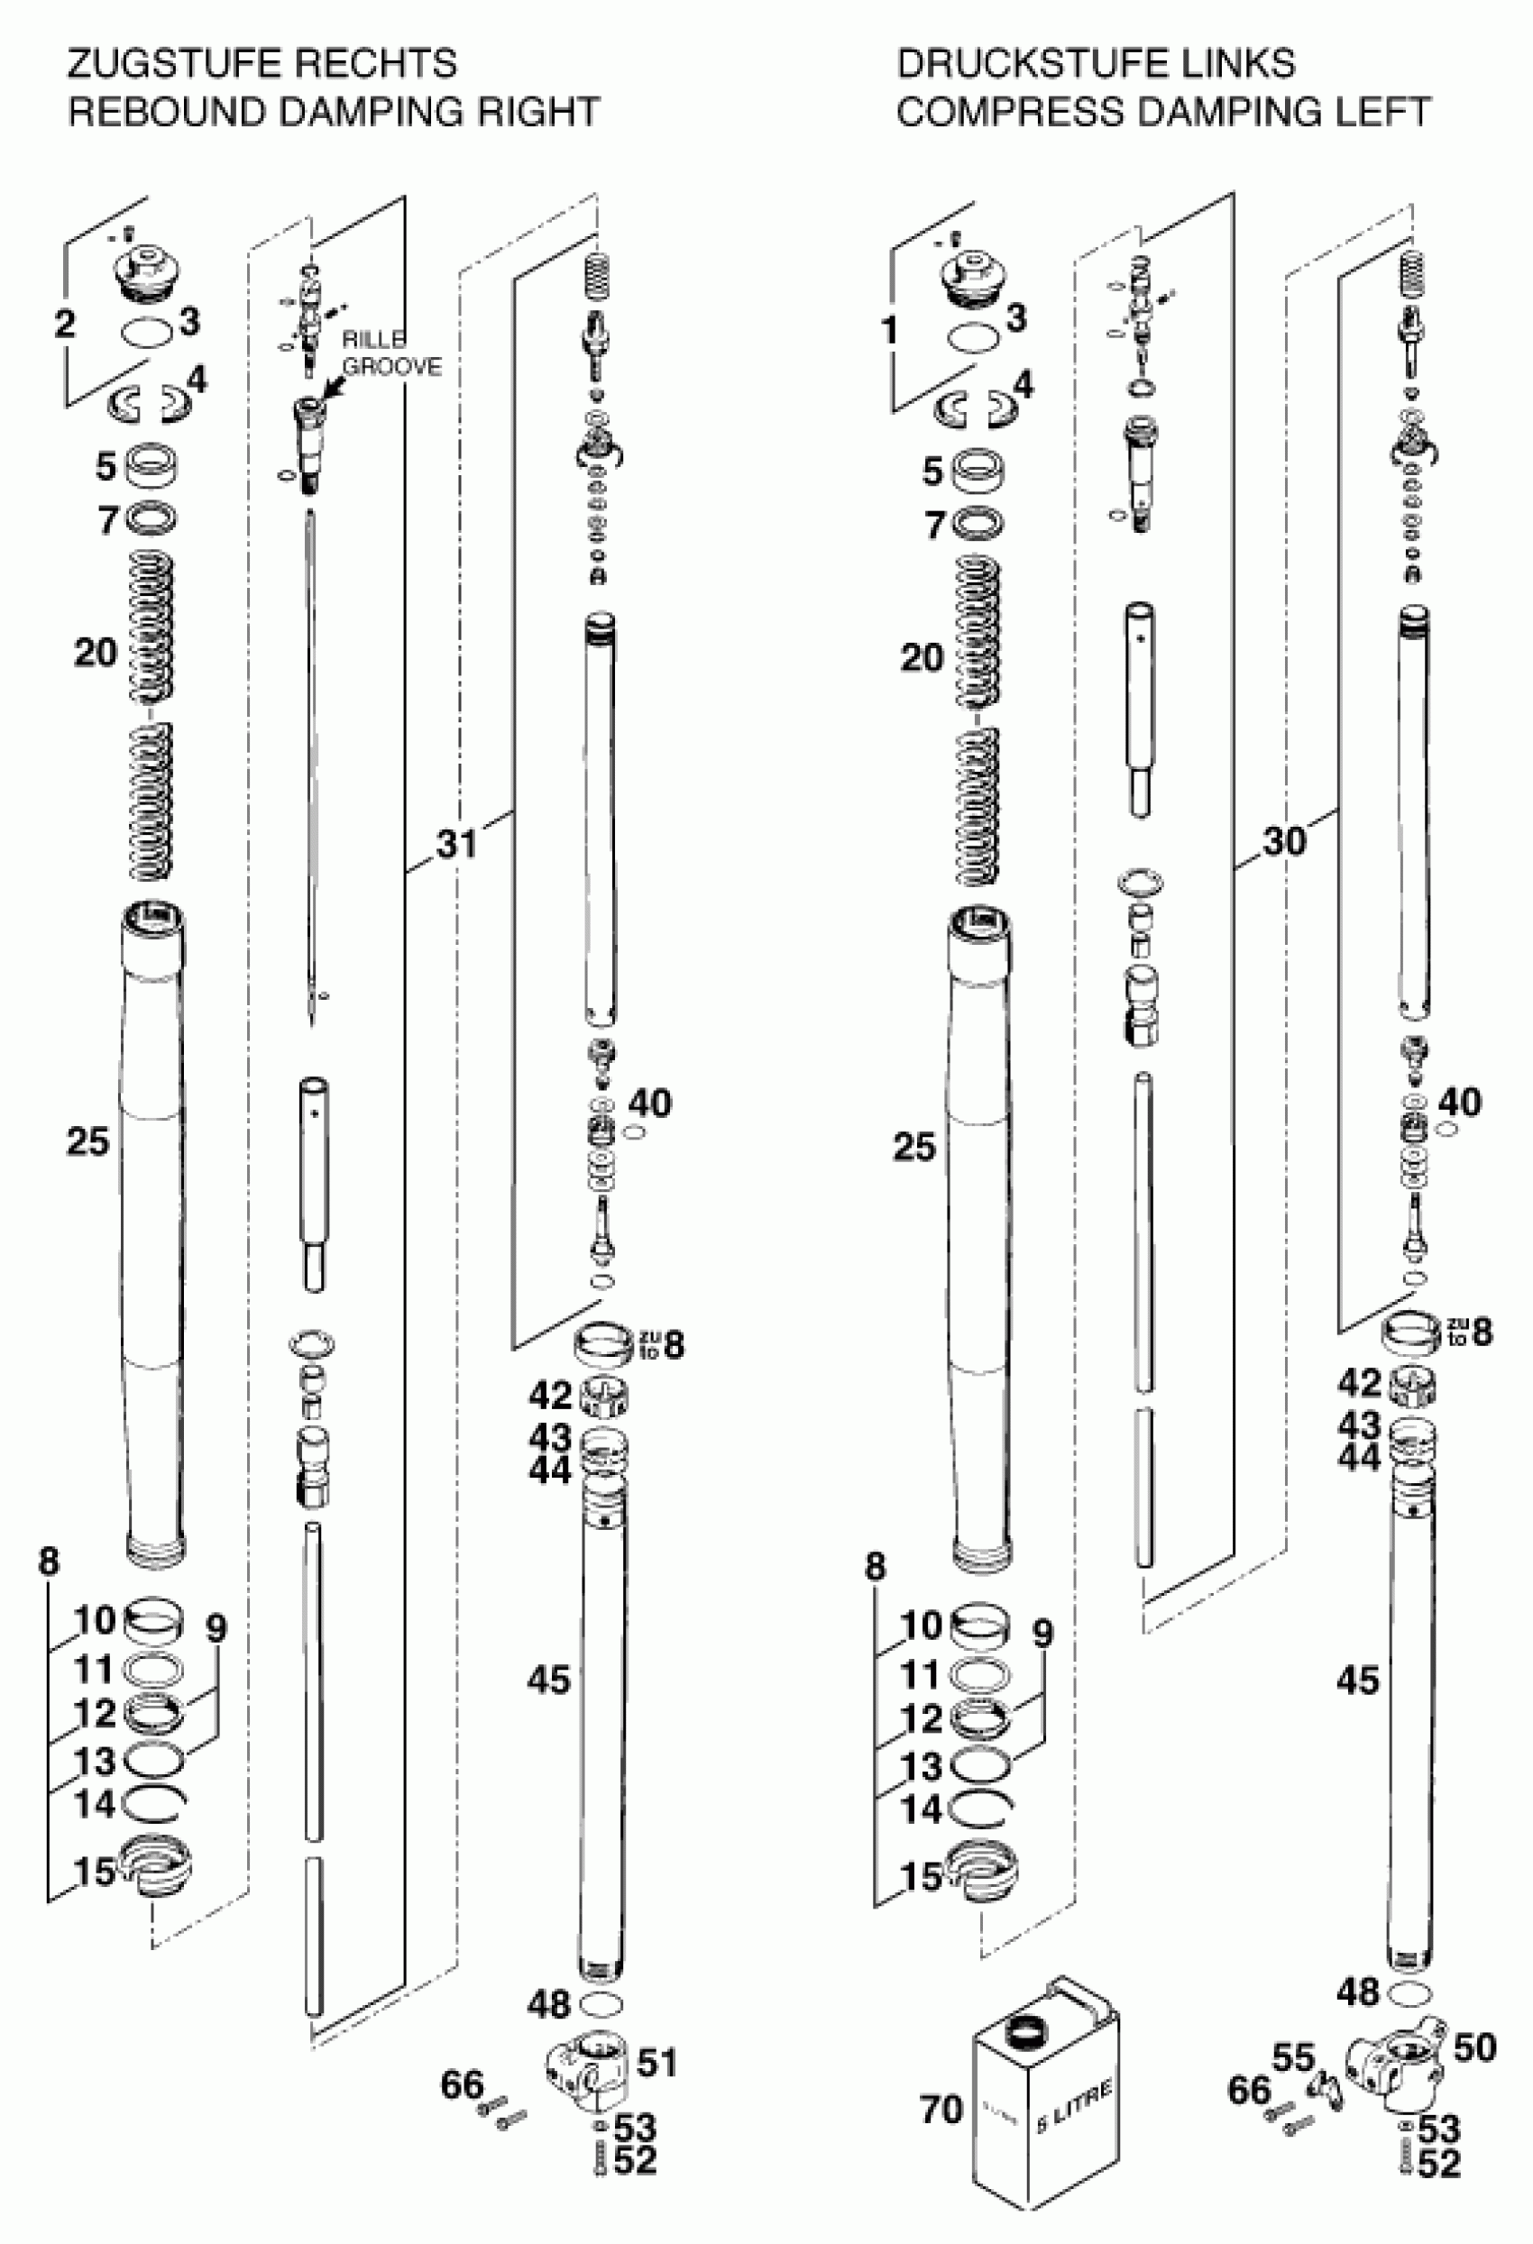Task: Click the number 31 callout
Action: [x=456, y=845]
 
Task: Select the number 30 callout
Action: [x=1284, y=842]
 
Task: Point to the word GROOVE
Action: [x=392, y=368]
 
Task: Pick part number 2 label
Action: [x=64, y=324]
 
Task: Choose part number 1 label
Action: [x=891, y=332]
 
